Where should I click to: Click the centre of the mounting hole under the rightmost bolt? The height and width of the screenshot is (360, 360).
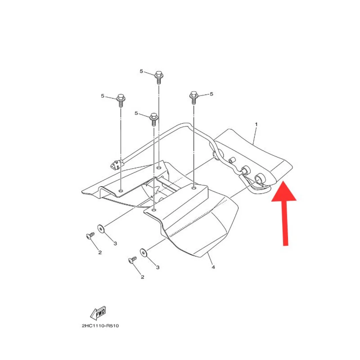[194, 188]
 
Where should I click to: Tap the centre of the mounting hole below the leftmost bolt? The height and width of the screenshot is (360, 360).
[121, 190]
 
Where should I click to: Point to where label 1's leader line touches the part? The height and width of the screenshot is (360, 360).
[253, 145]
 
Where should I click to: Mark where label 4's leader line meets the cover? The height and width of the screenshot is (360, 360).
[207, 252]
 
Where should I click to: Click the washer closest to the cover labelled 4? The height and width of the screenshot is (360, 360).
[143, 253]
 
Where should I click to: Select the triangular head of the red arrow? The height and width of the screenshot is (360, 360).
[284, 191]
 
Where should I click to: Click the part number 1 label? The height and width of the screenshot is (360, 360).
[256, 124]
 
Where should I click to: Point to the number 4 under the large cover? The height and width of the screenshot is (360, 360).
[213, 267]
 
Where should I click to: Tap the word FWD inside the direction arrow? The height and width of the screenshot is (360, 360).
[100, 313]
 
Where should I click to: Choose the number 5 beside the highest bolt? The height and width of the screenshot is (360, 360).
[141, 71]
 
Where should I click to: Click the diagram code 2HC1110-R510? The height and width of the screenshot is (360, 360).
[100, 326]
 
